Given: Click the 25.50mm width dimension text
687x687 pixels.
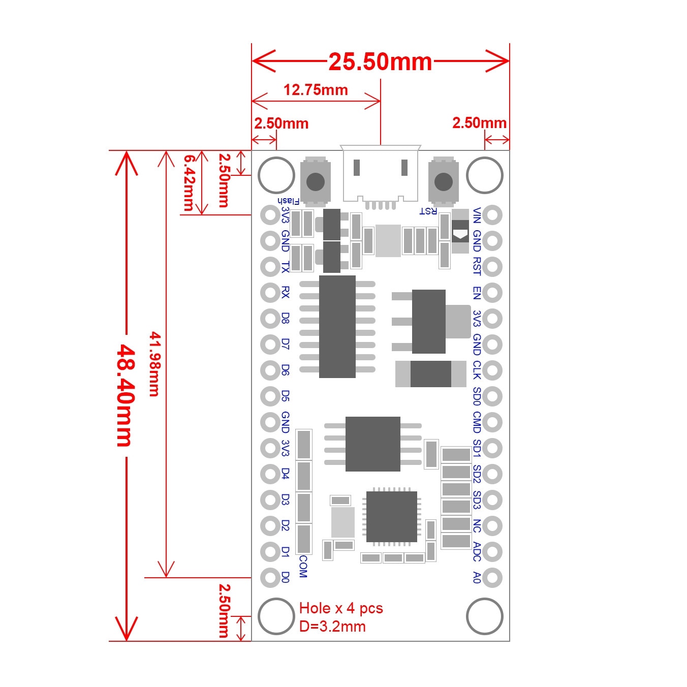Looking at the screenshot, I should click(x=380, y=62).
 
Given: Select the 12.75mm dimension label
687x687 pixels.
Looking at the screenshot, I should click(x=316, y=90).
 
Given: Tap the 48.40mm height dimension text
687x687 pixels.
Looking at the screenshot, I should click(x=126, y=396).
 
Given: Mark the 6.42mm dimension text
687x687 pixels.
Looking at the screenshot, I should click(x=189, y=183).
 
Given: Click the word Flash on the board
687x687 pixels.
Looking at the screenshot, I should click(x=289, y=201).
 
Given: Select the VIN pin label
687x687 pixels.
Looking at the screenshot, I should click(x=477, y=215).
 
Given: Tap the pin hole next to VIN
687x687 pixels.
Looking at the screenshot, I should click(x=492, y=215).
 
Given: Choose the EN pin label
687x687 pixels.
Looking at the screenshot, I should click(x=477, y=293).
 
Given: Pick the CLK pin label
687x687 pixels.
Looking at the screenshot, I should click(x=477, y=370).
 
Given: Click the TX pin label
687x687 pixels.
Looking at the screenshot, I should click(x=285, y=267).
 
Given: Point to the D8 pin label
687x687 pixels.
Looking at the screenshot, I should click(x=285, y=319).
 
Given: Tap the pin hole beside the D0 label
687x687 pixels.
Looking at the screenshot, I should click(x=270, y=577).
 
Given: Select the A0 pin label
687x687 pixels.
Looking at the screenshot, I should click(x=477, y=577).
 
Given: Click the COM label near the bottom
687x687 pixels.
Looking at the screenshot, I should click(x=303, y=566).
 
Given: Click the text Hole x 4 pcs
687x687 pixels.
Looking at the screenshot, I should click(x=341, y=608).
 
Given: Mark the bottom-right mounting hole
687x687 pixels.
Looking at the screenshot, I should click(x=484, y=616).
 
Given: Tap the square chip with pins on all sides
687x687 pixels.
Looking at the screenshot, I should click(x=392, y=517).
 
